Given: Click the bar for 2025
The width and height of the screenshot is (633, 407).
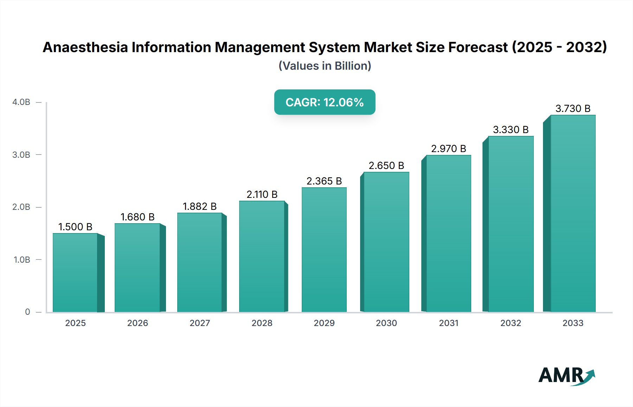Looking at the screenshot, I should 75,273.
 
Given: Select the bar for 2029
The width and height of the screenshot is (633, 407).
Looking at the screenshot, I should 324,250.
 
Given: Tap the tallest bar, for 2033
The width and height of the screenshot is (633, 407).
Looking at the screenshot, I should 573,213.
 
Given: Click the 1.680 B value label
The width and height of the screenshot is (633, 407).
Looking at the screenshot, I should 138,217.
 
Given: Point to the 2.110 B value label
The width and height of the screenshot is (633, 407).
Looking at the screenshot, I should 262,194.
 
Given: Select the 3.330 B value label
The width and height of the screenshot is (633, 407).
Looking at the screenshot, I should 511,130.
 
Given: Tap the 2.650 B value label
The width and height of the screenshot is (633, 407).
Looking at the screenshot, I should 386,165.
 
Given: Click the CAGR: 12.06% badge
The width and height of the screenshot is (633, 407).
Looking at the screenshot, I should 325,102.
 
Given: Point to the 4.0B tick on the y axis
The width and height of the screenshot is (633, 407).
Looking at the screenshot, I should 21,102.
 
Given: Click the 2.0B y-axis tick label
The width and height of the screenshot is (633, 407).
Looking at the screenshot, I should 21,207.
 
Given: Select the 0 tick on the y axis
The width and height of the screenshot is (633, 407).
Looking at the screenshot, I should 27,312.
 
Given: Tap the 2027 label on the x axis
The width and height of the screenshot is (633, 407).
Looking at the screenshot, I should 200,323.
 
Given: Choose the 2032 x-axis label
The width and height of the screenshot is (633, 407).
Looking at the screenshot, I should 511,323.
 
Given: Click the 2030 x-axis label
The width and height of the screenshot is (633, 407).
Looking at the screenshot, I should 386,323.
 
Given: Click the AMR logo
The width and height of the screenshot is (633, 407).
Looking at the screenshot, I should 566,376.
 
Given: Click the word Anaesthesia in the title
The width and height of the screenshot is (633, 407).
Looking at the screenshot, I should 85,47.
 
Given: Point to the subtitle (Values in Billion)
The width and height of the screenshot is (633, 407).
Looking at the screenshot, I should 325,66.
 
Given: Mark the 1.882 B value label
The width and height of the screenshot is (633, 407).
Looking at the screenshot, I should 200,206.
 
